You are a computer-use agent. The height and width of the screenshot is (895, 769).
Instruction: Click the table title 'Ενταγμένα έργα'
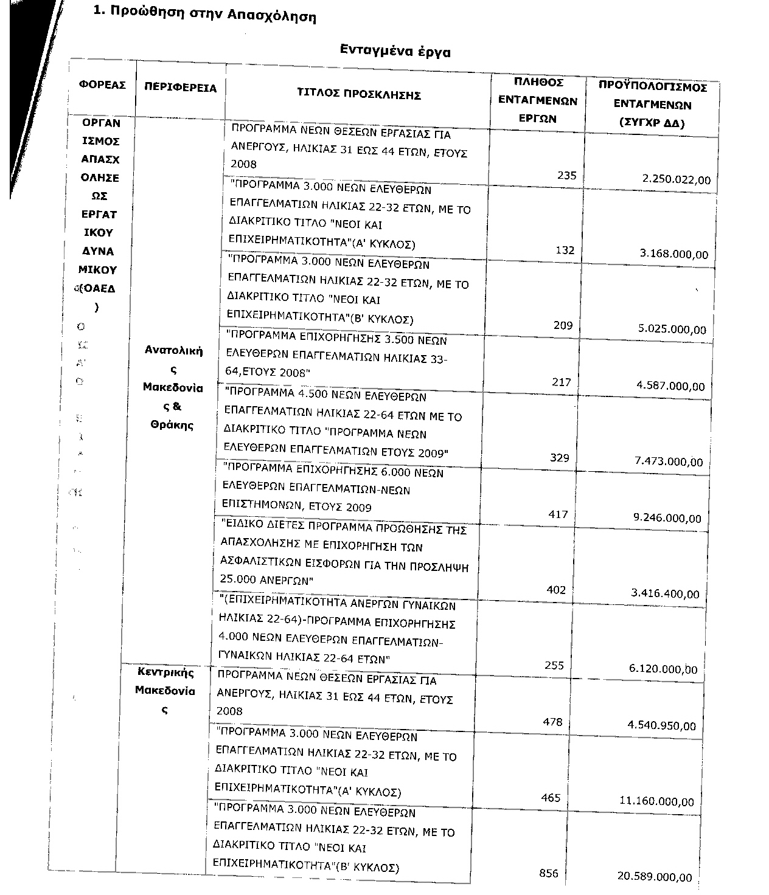point(395,51)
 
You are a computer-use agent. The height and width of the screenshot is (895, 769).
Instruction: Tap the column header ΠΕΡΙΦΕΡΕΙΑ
point(180,88)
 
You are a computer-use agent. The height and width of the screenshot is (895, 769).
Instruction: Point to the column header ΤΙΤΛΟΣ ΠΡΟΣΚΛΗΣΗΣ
point(359,94)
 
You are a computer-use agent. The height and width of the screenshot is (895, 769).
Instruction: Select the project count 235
point(566,175)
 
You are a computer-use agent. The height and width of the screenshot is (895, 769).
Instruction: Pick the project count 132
point(565,250)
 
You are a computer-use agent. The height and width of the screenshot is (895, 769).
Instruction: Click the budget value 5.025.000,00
point(672,329)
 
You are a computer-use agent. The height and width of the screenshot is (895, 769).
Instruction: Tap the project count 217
point(562,382)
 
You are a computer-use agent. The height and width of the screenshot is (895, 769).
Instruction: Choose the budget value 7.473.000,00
point(669,461)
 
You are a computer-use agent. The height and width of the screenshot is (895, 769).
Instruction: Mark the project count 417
point(558,514)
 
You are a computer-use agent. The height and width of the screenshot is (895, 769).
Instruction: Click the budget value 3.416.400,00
point(665,593)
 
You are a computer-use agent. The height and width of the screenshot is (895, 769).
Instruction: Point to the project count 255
point(554,665)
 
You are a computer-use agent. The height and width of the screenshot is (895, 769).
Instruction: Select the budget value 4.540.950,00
point(661,725)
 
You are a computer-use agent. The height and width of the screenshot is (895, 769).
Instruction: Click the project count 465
point(551,797)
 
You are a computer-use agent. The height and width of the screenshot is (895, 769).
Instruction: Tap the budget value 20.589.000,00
point(655,876)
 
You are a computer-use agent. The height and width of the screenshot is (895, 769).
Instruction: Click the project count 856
point(549,873)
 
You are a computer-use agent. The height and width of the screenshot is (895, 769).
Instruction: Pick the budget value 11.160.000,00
point(656,801)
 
